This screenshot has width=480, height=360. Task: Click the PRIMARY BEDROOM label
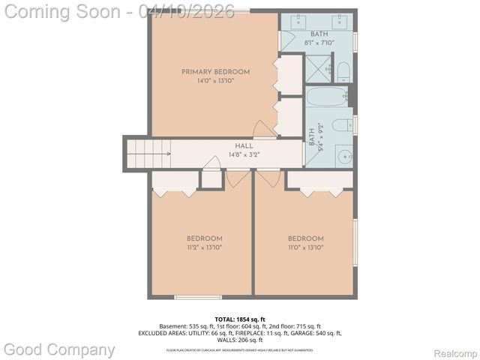click(215, 72)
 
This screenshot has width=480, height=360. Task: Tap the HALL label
click(223, 146)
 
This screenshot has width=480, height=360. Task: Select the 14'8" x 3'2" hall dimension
click(223, 154)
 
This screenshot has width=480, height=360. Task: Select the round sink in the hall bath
click(344, 157)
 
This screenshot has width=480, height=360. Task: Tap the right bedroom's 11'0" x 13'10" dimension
click(305, 247)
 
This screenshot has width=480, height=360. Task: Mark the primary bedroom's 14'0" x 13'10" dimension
click(215, 81)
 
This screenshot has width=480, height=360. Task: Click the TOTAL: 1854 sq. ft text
click(240, 319)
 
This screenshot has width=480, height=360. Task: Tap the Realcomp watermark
click(456, 352)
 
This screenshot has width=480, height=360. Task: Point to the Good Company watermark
click(60, 349)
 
